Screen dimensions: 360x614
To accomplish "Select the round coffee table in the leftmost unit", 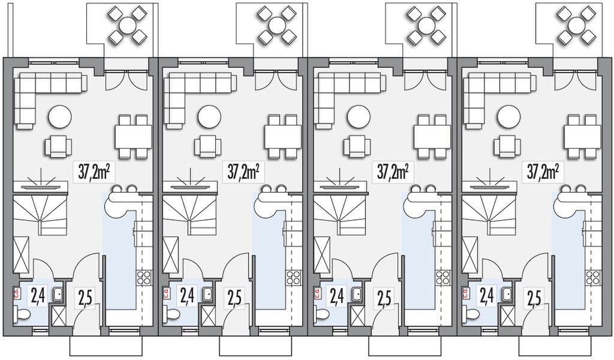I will pyautogui.click(x=60, y=116).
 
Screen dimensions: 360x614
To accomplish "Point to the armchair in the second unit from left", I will pyautogui.click(x=208, y=146).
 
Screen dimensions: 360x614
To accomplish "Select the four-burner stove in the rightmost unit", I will pyautogui.click(x=594, y=277).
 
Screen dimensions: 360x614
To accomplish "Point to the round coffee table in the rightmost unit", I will pyautogui.click(x=508, y=116).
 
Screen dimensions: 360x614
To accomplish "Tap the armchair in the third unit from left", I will pyautogui.click(x=357, y=146).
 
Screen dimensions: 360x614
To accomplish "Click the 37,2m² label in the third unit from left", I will pyautogui.click(x=393, y=172).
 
